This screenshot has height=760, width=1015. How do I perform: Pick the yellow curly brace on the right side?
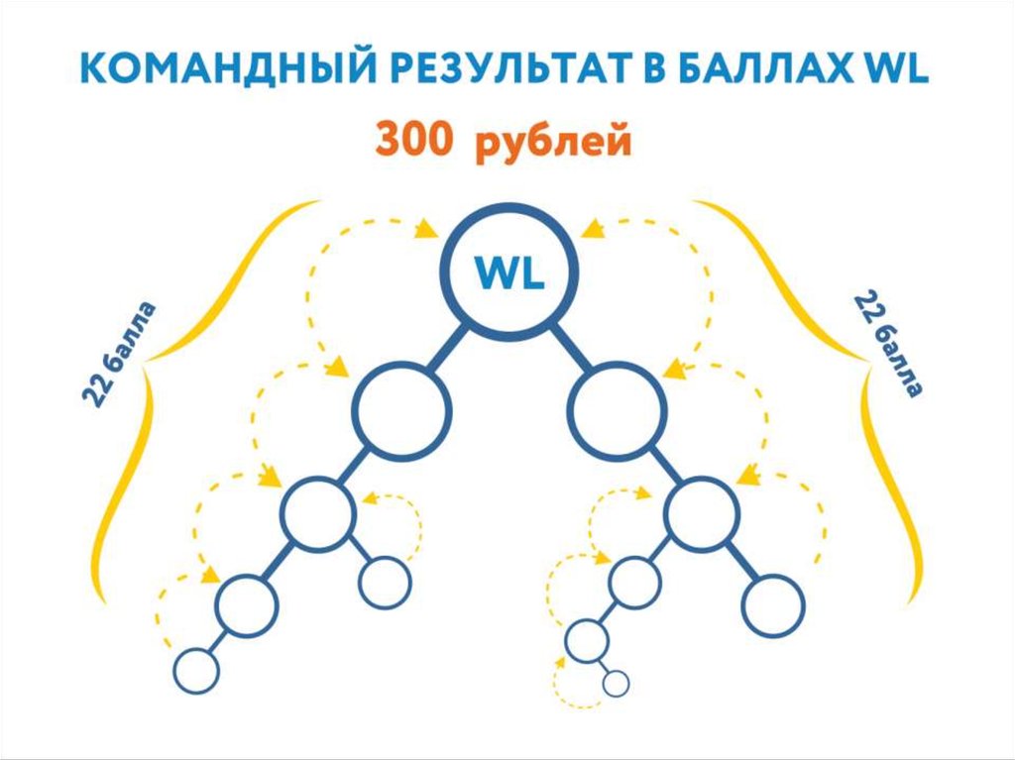click(x=876, y=396)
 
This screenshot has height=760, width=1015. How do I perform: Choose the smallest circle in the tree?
click(x=616, y=683)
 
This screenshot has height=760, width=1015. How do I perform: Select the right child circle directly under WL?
click(x=619, y=409)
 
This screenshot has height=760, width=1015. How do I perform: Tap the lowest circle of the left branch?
click(x=195, y=671)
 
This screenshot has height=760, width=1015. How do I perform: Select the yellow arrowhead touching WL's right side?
click(x=592, y=231)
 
